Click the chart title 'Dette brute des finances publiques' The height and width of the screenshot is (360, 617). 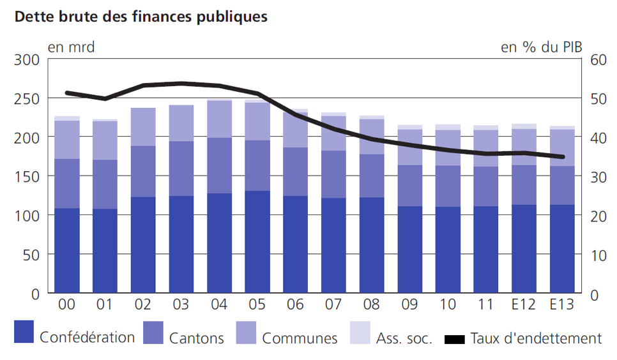pyautogui.click(x=141, y=17)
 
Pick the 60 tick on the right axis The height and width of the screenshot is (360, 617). pyautogui.click(x=597, y=60)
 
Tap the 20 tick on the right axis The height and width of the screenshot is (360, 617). pyautogui.click(x=597, y=216)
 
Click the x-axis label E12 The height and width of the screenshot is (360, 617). pyautogui.click(x=523, y=305)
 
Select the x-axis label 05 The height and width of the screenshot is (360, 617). pyautogui.click(x=258, y=305)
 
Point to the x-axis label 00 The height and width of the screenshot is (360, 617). pyautogui.click(x=67, y=305)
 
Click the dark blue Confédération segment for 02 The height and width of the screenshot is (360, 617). pyautogui.click(x=143, y=246)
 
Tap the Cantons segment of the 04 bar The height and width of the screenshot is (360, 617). pyautogui.click(x=220, y=165)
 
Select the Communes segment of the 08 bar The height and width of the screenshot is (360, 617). pyautogui.click(x=372, y=137)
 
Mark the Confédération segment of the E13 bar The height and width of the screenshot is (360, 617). pyautogui.click(x=562, y=249)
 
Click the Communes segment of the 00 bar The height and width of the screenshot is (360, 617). pyautogui.click(x=67, y=140)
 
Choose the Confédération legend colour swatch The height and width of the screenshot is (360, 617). pyautogui.click(x=25, y=332)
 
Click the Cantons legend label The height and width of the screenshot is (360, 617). pyautogui.click(x=197, y=338)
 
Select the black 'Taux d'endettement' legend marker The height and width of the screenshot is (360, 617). pyautogui.click(x=455, y=338)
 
